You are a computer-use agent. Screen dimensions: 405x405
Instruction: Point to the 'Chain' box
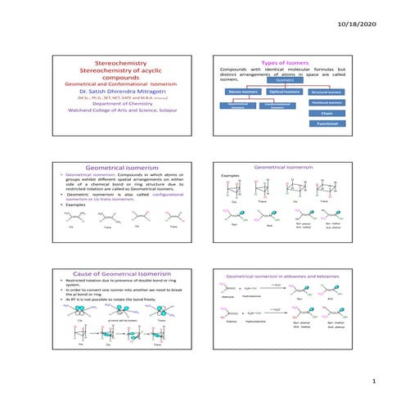(x=326, y=113)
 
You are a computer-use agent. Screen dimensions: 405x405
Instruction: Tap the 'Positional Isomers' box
(x=326, y=102)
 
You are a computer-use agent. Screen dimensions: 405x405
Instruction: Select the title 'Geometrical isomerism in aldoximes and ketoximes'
(x=283, y=277)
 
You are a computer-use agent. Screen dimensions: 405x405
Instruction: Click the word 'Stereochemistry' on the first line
(x=120, y=62)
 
